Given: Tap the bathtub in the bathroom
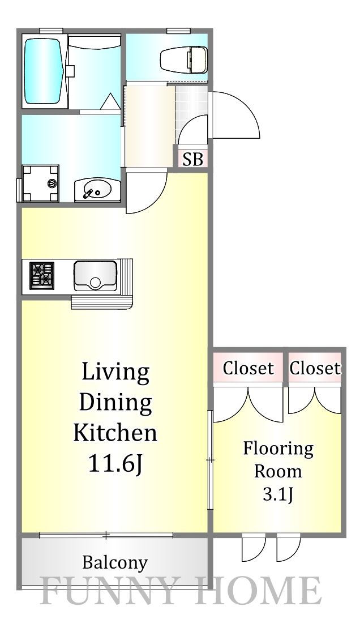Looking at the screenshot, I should (x=44, y=70).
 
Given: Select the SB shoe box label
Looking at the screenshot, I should (x=192, y=159).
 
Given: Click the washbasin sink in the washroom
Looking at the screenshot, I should (x=97, y=189).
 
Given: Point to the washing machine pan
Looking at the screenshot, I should (x=40, y=182).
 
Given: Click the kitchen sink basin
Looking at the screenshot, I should (x=95, y=275).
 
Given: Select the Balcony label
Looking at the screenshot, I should (x=114, y=562).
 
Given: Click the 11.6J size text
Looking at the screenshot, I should (x=114, y=463).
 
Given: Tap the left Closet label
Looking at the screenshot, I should (x=248, y=368).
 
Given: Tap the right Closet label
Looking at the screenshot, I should (x=315, y=368).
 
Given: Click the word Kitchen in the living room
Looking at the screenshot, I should (x=115, y=433).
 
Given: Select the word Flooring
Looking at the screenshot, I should (x=278, y=449).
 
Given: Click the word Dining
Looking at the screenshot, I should (x=115, y=403).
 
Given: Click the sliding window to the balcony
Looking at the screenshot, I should (x=106, y=534).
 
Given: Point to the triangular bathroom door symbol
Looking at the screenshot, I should (x=109, y=103).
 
